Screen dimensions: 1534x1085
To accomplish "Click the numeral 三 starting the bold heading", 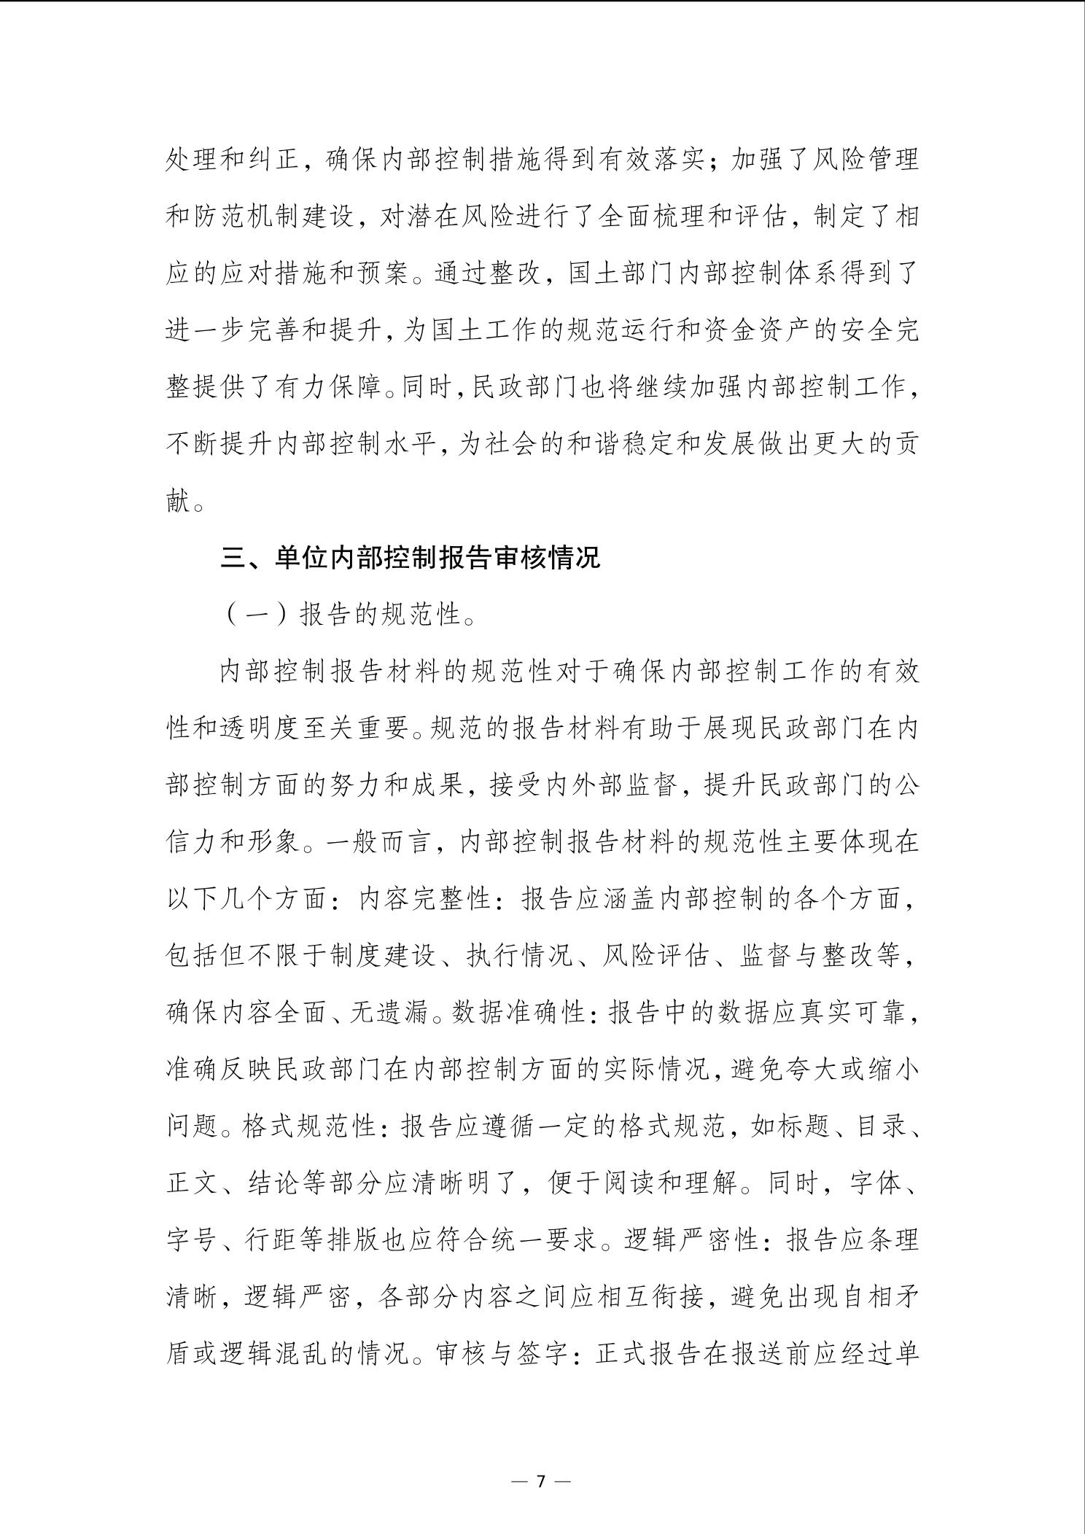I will click(235, 558).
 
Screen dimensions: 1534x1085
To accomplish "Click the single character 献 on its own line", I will click(179, 501).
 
